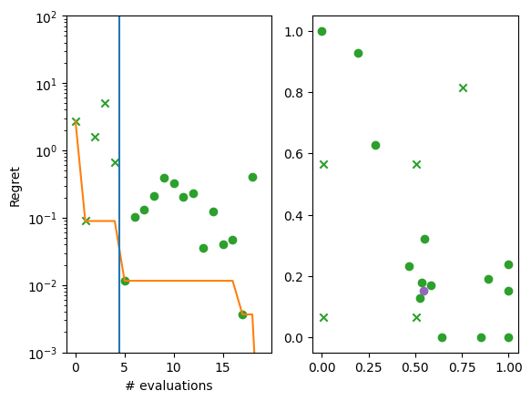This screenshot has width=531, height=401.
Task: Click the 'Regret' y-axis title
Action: click(x=15, y=185)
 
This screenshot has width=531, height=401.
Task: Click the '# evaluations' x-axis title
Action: click(x=168, y=386)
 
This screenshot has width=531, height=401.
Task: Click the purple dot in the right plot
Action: click(x=424, y=291)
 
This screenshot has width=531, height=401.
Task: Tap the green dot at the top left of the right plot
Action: click(x=322, y=31)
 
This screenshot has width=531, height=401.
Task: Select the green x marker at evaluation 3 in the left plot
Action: click(x=105, y=103)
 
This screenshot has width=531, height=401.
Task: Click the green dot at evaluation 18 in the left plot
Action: click(x=252, y=177)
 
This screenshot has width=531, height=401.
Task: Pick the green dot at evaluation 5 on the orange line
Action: click(x=125, y=281)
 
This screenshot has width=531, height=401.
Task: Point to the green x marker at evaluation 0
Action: click(x=76, y=121)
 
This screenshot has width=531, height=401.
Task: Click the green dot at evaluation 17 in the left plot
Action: click(x=242, y=314)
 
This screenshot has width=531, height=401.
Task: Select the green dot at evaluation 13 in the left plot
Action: click(x=203, y=248)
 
